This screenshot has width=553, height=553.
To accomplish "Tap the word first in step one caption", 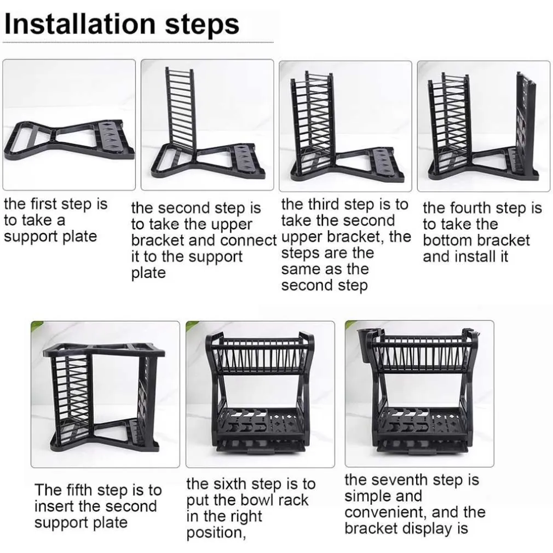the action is pos(44,204).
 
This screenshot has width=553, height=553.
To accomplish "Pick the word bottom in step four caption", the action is pos(446,240).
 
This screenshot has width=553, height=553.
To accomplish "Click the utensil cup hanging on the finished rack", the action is pos(365,346).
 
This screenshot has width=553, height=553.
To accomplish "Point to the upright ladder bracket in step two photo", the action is pos(180,109).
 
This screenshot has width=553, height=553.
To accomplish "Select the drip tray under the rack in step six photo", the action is pos(260,446).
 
